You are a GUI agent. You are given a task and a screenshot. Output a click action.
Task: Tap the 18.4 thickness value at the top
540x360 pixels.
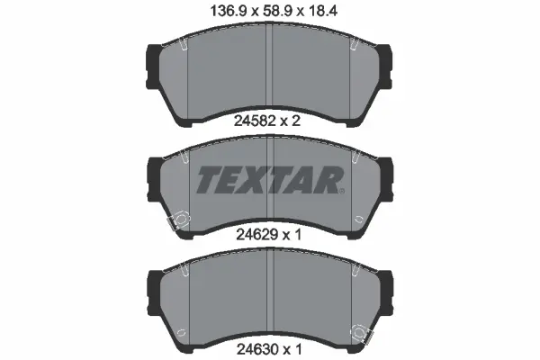[x=317, y=12]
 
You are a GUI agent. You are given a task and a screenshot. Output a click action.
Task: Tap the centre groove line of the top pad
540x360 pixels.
[x=270, y=72]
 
